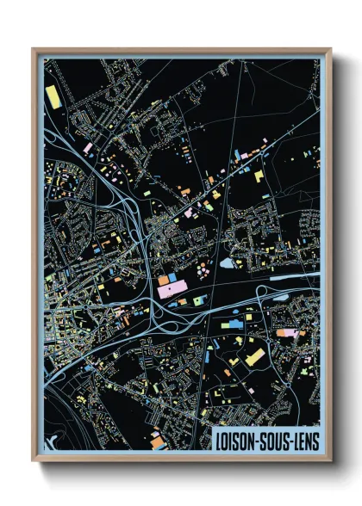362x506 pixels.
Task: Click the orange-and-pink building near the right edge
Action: (288, 333)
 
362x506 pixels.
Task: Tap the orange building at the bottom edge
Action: (157, 444)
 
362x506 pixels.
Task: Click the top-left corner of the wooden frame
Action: (34, 50)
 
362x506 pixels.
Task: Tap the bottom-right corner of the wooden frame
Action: (330, 460)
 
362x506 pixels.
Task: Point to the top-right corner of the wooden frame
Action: (330, 50)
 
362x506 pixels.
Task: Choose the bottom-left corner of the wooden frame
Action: (34, 460)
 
